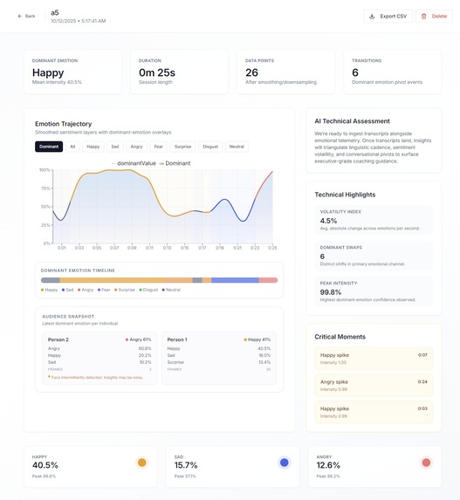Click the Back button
pyautogui.click(x=26, y=16)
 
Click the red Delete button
pyautogui.click(x=434, y=16)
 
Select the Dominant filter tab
pyautogui.click(x=49, y=147)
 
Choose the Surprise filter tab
pyautogui.click(x=182, y=147)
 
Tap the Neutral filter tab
pyautogui.click(x=237, y=147)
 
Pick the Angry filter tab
pyautogui.click(x=136, y=147)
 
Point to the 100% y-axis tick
pyautogui.click(x=44, y=169)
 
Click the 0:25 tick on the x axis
pyautogui.click(x=271, y=248)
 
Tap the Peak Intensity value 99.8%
pyautogui.click(x=332, y=293)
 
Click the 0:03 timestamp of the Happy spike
pyautogui.click(x=422, y=408)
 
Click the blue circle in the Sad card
pyautogui.click(x=283, y=462)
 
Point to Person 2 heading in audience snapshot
pyautogui.click(x=58, y=339)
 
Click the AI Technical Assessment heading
pyautogui.click(x=352, y=120)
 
